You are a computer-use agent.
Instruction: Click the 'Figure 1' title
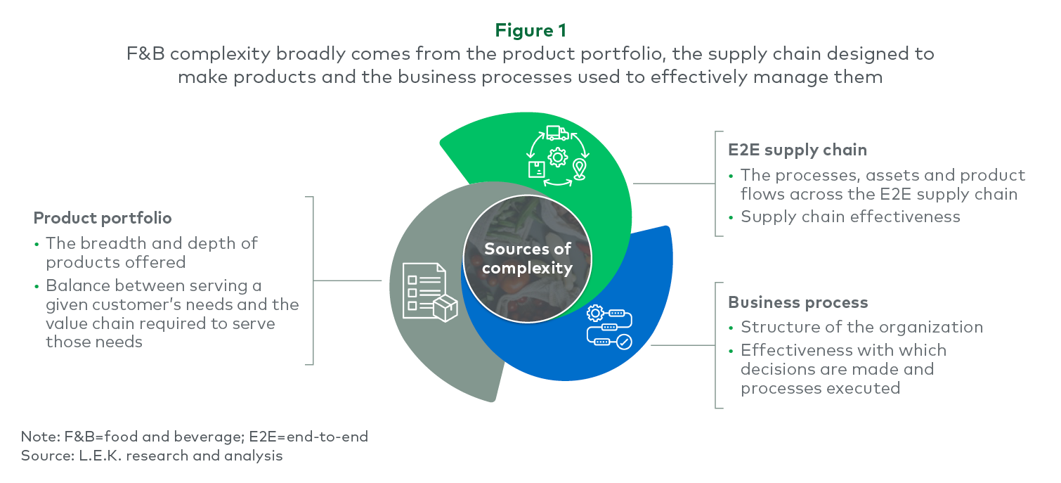click(x=530, y=31)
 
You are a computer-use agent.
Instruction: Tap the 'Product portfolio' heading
click(x=103, y=218)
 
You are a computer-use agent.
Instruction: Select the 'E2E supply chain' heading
click(x=797, y=150)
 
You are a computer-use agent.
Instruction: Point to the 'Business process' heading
click(x=798, y=302)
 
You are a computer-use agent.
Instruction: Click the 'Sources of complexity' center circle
click(x=527, y=258)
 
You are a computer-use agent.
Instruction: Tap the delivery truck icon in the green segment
click(x=556, y=133)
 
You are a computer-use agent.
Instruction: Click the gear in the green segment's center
click(x=557, y=157)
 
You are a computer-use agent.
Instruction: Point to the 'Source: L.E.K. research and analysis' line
click(x=152, y=456)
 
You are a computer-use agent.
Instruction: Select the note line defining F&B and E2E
click(x=194, y=437)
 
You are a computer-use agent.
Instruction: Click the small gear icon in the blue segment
click(x=595, y=313)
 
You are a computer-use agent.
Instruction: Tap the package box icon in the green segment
click(x=536, y=169)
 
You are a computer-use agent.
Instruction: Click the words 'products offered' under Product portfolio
click(x=116, y=262)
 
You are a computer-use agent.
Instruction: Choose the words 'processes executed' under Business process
click(x=820, y=388)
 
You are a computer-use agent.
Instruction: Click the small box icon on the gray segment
click(x=445, y=308)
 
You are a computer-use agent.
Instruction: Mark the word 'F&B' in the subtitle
click(x=144, y=54)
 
